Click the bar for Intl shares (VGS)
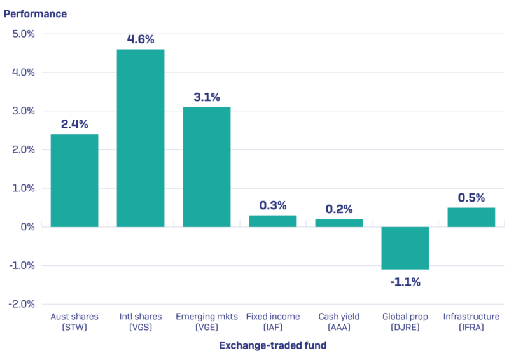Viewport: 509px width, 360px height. pyautogui.click(x=141, y=138)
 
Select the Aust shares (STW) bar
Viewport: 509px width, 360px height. pyautogui.click(x=74, y=181)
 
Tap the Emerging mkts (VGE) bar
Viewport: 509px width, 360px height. pyautogui.click(x=207, y=167)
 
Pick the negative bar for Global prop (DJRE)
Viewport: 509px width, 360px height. pyautogui.click(x=405, y=248)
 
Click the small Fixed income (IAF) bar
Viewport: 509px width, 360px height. pyautogui.click(x=273, y=221)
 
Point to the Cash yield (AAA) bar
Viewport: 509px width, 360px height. pyautogui.click(x=339, y=223)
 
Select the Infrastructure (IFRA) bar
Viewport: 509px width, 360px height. pyautogui.click(x=471, y=217)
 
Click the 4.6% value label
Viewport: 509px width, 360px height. pyautogui.click(x=141, y=39)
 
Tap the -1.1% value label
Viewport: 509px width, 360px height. pyautogui.click(x=405, y=282)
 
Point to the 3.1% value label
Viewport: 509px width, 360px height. pyautogui.click(x=207, y=97)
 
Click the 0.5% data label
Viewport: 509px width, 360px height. pyautogui.click(x=471, y=197)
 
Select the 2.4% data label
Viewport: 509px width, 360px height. pyautogui.click(x=74, y=125)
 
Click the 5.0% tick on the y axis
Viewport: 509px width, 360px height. pyautogui.click(x=24, y=34)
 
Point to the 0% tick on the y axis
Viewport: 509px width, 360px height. pyautogui.click(x=29, y=227)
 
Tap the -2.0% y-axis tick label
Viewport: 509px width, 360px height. pyautogui.click(x=22, y=304)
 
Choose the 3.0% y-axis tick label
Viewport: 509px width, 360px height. pyautogui.click(x=24, y=111)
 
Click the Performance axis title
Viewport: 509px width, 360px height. pyautogui.click(x=35, y=13)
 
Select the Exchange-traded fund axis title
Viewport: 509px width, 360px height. pyautogui.click(x=273, y=345)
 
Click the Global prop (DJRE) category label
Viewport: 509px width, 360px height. pyautogui.click(x=405, y=322)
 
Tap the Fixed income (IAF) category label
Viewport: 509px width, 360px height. pyautogui.click(x=273, y=322)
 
